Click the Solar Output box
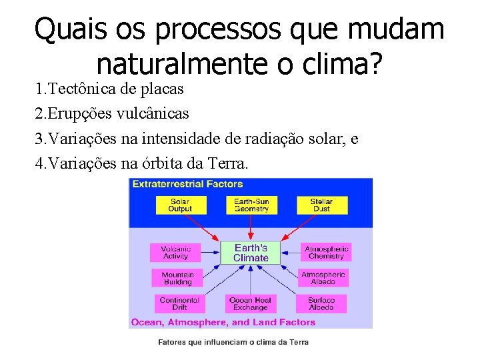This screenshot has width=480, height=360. (179, 205)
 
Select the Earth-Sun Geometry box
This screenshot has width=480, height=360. (251, 205)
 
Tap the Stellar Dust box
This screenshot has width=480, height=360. (321, 205)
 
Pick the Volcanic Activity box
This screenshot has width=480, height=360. (175, 253)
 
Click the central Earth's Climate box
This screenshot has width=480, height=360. (251, 253)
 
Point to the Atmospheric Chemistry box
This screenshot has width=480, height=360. (326, 253)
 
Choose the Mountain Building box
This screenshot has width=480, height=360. (177, 278)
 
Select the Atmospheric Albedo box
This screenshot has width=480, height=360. (323, 278)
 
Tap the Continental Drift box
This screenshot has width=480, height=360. (179, 304)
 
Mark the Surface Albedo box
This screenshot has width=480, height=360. (321, 304)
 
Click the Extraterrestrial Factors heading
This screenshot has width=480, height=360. (187, 184)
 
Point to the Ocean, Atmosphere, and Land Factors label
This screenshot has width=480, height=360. (223, 322)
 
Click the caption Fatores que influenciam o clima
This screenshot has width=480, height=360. (233, 342)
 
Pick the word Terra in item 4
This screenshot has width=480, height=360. (227, 164)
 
